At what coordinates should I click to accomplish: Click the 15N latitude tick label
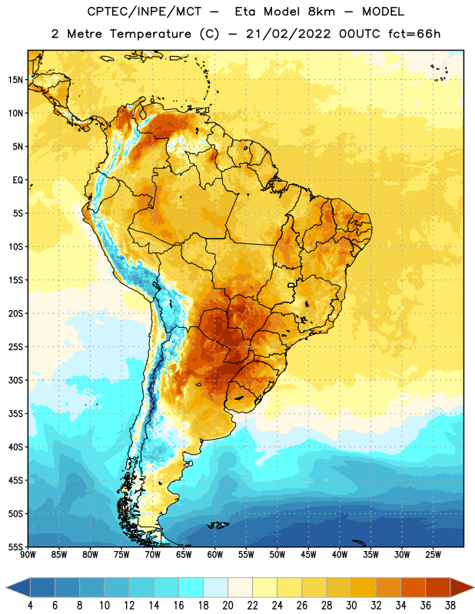pos(15,80)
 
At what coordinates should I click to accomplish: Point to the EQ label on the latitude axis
pos(18,180)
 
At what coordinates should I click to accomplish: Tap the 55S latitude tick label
pos(15,546)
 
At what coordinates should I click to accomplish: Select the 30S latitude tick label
pos(15,380)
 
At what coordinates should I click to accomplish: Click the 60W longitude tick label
pos(215,554)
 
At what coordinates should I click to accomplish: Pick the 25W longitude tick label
pos(433,554)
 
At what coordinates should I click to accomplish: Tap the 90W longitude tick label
pos(28,554)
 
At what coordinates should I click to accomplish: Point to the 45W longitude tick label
pos(308,554)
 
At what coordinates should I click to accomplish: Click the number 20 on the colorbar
pos(228,606)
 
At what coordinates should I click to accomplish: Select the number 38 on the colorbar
pos(450,606)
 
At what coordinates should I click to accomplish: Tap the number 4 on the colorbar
pos(30,606)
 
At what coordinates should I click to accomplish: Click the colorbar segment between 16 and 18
pos(191,587)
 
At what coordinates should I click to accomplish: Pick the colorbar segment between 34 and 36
pos(414,587)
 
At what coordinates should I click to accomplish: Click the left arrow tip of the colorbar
pos(6,587)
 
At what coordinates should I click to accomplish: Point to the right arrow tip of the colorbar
pos(473,587)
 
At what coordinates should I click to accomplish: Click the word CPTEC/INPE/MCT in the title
pos(144,12)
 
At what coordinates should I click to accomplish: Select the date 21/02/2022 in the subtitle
pos(288,34)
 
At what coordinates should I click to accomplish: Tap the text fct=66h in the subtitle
pos(414,34)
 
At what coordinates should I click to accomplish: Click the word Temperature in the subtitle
pos(150,35)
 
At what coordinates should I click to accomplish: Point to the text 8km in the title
pos(321,12)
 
